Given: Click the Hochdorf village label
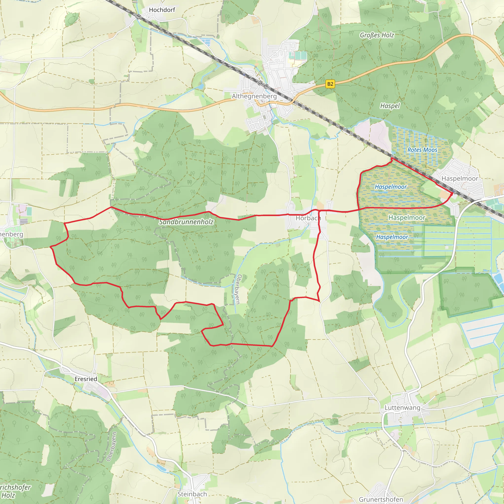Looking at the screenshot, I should pyautogui.click(x=162, y=10).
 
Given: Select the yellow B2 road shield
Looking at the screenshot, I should pyautogui.click(x=330, y=84).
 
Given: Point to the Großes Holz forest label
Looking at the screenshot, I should pyautogui.click(x=377, y=35).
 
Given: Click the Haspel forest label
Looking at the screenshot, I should pyautogui.click(x=390, y=106).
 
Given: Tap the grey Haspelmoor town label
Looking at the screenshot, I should pyautogui.click(x=460, y=179).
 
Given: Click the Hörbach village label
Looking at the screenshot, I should pyautogui.click(x=308, y=218).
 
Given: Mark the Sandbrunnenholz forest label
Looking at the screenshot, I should pyautogui.click(x=186, y=222).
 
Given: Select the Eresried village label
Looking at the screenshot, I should pyautogui.click(x=86, y=379).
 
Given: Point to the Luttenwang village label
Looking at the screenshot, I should pyautogui.click(x=402, y=408).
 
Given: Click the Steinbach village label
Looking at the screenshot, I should pyautogui.click(x=192, y=494).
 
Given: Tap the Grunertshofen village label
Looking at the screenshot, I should pyautogui.click(x=381, y=499).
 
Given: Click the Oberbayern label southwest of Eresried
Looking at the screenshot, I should pyautogui.click(x=112, y=446).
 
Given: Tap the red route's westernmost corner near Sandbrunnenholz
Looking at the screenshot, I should pyautogui.click(x=50, y=247).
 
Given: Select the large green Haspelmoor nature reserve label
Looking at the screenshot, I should pyautogui.click(x=407, y=218).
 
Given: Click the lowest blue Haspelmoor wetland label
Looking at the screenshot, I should pyautogui.click(x=392, y=237).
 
